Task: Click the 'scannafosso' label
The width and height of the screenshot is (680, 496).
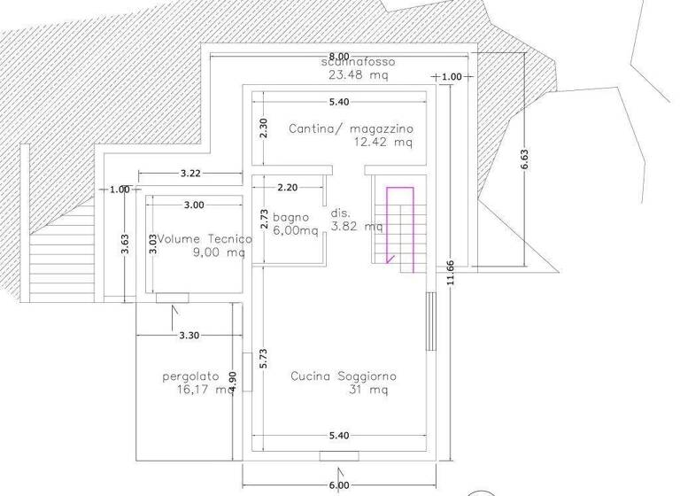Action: tap(358, 63)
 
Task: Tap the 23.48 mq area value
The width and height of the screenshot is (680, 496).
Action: tap(358, 75)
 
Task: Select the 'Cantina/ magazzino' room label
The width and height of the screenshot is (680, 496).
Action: tap(351, 128)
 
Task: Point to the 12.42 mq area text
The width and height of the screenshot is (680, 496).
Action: tap(382, 142)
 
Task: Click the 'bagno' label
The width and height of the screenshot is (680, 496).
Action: tap(290, 217)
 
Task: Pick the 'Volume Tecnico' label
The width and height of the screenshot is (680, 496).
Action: tap(205, 239)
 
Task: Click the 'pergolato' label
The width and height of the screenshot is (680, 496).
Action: tap(190, 376)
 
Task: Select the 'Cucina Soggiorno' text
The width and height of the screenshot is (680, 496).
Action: tap(344, 376)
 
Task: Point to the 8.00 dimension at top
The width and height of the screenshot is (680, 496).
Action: tap(338, 56)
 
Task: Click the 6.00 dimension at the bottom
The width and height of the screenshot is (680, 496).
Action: tap(338, 484)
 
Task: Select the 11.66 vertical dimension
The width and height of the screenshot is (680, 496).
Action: tap(452, 269)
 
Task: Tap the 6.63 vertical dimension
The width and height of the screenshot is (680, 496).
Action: tap(525, 159)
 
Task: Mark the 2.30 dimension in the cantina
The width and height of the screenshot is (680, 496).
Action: tap(262, 128)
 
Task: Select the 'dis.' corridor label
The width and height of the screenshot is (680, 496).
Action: tap(340, 213)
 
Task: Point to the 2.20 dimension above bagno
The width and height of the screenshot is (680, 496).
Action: tap(288, 188)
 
